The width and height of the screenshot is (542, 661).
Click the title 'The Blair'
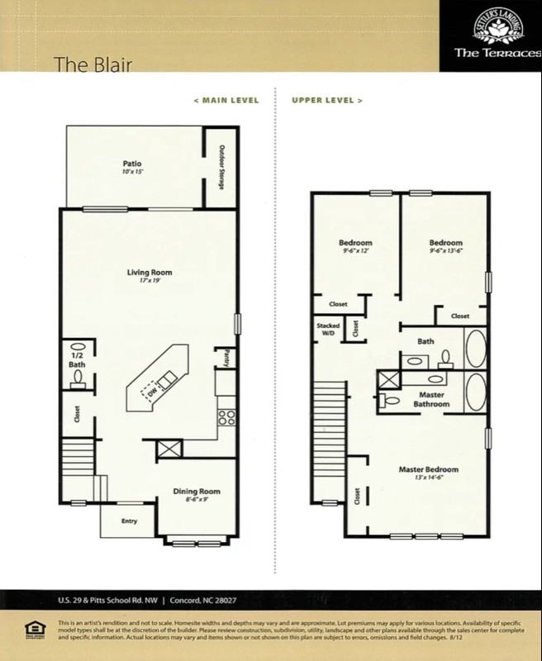pos(93,64)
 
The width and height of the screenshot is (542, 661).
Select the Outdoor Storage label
pos(221,168)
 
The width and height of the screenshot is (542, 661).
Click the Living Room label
pos(149,272)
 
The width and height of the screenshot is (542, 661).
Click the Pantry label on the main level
pos(226,357)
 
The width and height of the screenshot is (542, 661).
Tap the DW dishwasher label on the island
pos(152,393)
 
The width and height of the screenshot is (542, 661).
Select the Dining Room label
pos(197,492)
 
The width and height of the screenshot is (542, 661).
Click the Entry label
pos(130,521)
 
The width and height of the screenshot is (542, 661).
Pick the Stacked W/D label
pos(327,329)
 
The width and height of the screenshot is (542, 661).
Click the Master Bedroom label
pos(428,469)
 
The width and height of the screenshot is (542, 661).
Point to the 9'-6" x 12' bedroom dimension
pos(355,251)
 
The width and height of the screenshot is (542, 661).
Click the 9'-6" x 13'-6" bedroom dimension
pos(445,251)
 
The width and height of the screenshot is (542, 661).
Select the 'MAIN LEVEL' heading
pos(226,101)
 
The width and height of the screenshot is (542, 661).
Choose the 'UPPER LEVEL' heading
pos(327,101)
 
